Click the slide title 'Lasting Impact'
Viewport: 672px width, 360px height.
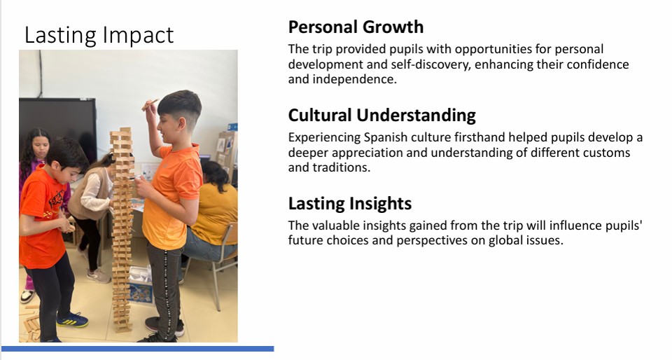coord(99,35)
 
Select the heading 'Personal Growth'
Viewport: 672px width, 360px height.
coord(356,27)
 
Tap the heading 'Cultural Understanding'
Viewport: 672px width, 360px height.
coord(382,116)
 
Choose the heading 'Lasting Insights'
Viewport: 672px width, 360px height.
coord(350,204)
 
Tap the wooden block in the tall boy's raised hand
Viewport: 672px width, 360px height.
coord(150,104)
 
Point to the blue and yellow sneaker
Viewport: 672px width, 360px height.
coord(72,319)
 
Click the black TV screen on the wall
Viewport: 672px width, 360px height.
coord(57,127)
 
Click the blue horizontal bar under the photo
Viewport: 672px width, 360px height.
coord(138,349)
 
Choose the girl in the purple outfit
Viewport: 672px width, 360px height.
coord(34,172)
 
